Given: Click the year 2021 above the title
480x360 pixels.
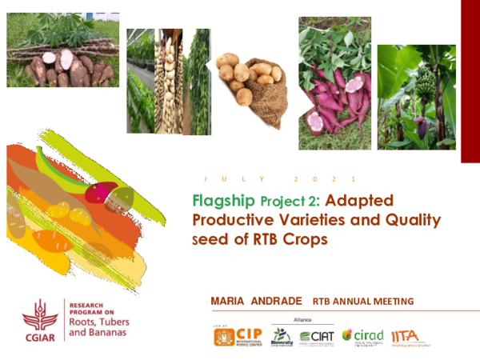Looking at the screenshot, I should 324,178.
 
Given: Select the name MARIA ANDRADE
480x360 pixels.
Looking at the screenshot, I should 256,301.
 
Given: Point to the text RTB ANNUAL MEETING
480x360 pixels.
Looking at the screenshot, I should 362,302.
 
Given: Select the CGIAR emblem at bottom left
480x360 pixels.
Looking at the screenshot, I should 40,321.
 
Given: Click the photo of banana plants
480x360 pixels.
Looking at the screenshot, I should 416,96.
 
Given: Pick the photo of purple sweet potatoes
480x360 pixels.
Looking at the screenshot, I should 334,84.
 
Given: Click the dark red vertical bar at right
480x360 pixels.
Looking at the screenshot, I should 470,80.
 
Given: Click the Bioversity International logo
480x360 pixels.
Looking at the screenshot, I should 282,337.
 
